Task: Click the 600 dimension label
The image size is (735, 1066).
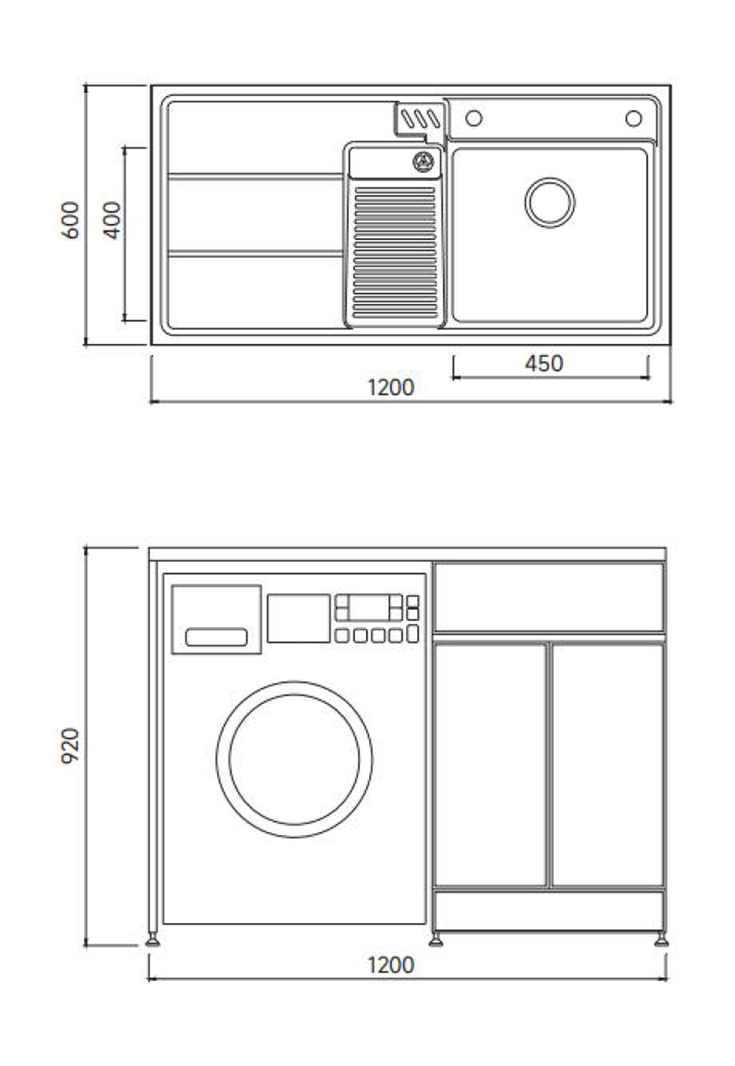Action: [x=70, y=220]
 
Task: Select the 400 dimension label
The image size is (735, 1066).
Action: [x=112, y=220]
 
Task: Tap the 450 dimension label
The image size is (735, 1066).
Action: [x=544, y=364]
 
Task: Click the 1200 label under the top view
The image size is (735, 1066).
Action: [x=391, y=388]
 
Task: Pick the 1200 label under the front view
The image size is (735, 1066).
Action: [x=391, y=965]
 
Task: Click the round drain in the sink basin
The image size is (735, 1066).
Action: [x=550, y=203]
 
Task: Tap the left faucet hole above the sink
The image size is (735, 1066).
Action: [x=474, y=118]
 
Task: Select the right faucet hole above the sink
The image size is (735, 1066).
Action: [x=634, y=118]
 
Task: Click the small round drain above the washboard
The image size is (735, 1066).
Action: [x=423, y=162]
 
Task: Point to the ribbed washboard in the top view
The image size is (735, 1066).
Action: [x=395, y=253]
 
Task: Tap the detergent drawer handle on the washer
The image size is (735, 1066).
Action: [x=216, y=637]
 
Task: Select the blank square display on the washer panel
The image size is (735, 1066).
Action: [x=298, y=618]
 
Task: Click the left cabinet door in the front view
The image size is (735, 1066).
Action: [x=491, y=765]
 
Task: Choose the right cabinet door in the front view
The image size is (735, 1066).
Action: [x=607, y=765]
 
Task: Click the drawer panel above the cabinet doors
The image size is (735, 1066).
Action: [x=549, y=597]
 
